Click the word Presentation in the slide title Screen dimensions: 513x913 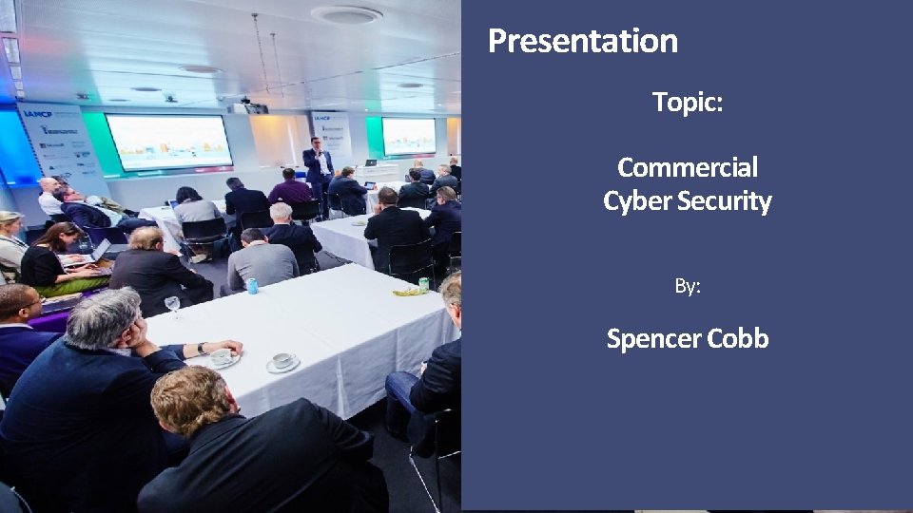(583, 41)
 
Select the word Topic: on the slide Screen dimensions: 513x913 (688, 102)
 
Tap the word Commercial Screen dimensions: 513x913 (688, 167)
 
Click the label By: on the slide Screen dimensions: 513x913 (688, 285)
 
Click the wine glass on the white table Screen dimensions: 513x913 (172, 305)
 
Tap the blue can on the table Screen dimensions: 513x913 (252, 285)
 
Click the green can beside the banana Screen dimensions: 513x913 (423, 283)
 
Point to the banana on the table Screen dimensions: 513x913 (409, 291)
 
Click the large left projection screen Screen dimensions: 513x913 (168, 142)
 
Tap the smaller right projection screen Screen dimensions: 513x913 (409, 136)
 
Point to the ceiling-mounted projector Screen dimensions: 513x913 (249, 106)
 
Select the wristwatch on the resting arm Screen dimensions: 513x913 (202, 349)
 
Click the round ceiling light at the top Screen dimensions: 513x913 (346, 14)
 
